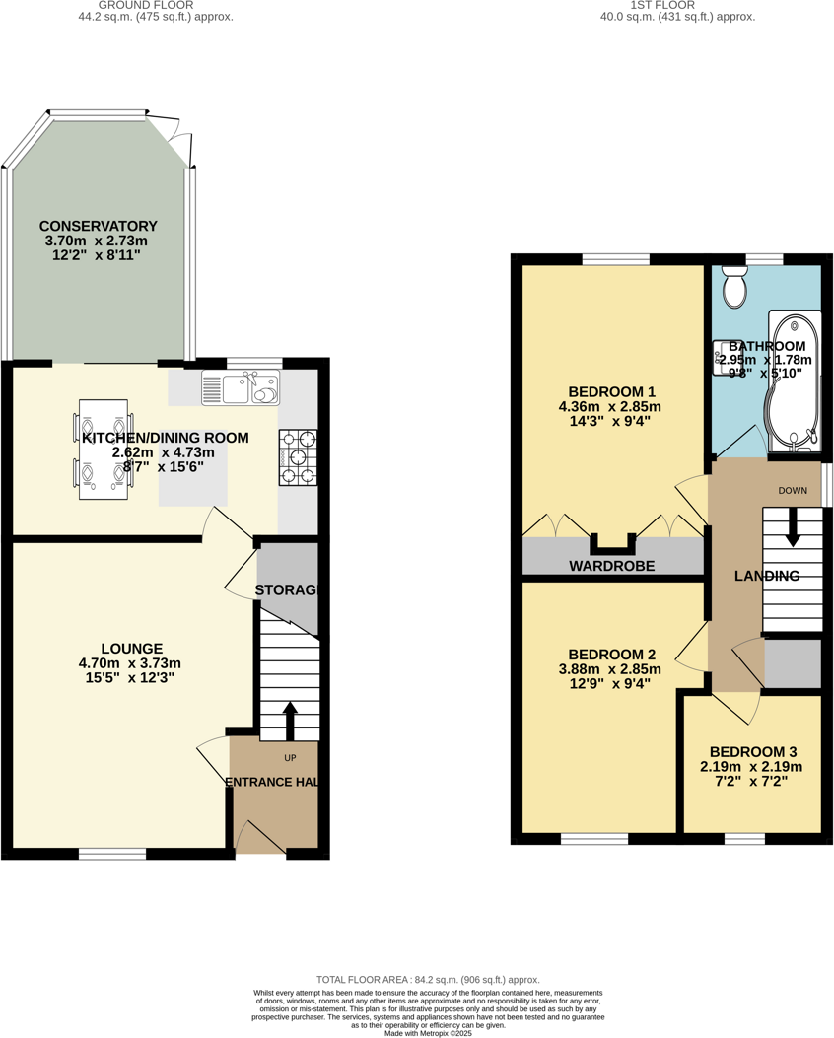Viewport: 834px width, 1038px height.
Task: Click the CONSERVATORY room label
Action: pos(100,226)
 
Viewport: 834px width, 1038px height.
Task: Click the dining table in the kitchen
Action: pos(103,449)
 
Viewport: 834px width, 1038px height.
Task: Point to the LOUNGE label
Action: pos(131,649)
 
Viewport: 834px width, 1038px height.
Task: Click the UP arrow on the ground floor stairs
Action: pos(289,721)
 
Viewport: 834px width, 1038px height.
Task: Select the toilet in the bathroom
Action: pos(734,287)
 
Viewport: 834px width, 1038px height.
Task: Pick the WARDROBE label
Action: pos(611,567)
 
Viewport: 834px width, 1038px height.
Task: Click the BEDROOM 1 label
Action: pos(611,388)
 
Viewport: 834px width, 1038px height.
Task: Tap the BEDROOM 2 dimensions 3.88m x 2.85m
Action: pos(611,669)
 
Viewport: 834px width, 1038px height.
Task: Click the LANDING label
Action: pos(767,576)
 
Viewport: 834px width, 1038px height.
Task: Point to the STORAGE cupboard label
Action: pos(288,590)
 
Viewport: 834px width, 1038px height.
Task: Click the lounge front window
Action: pos(112,854)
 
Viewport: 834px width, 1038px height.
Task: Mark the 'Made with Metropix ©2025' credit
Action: pos(428,1033)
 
